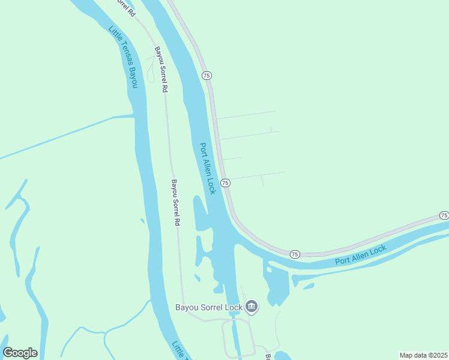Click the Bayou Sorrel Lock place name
click(x=209, y=308)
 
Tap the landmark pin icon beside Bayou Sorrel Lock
click(x=252, y=307)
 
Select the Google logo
click(x=20, y=353)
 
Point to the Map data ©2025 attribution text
click(x=423, y=355)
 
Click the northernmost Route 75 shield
click(x=206, y=76)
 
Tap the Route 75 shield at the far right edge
click(x=444, y=215)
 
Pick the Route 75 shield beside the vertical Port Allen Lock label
click(x=225, y=182)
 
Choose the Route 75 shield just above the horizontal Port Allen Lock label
click(x=295, y=254)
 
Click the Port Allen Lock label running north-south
click(x=207, y=168)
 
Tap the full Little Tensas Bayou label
click(x=124, y=58)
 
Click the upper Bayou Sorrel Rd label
click(x=160, y=70)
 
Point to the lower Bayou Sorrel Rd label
click(x=176, y=203)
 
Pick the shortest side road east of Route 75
click(x=232, y=159)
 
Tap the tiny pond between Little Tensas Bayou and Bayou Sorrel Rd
click(x=142, y=221)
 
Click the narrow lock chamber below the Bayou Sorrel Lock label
click(x=238, y=339)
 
